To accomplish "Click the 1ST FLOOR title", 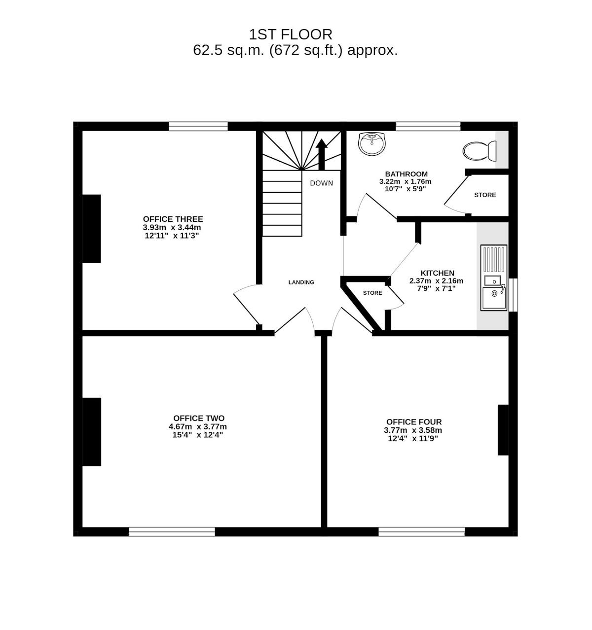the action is pyautogui.click(x=290, y=34).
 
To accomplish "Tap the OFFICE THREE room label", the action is pyautogui.click(x=173, y=219).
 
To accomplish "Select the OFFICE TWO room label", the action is pyautogui.click(x=199, y=418).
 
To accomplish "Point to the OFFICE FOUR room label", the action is pyautogui.click(x=414, y=422).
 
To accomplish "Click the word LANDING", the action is pyautogui.click(x=301, y=282).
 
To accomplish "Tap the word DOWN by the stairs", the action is pyautogui.click(x=322, y=183).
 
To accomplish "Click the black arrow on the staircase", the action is pyautogui.click(x=322, y=154).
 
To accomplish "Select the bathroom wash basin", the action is pyautogui.click(x=372, y=144).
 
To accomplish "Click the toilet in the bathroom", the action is pyautogui.click(x=480, y=150).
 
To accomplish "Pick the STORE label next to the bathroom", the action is pyautogui.click(x=485, y=195).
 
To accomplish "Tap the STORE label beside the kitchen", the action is pyautogui.click(x=372, y=293).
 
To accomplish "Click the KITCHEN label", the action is pyautogui.click(x=437, y=273).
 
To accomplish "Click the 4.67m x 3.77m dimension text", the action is pyautogui.click(x=197, y=427).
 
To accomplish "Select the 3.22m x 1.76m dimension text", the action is pyautogui.click(x=405, y=182).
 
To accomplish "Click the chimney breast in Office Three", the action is pyautogui.click(x=92, y=229).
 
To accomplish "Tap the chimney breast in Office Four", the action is pyautogui.click(x=503, y=430).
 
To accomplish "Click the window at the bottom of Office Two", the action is pyautogui.click(x=172, y=532).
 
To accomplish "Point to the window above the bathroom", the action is pyautogui.click(x=428, y=126).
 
